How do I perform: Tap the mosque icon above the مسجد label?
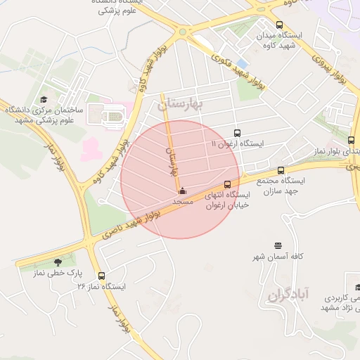pyautogui.click(x=183, y=191)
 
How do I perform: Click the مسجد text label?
pyautogui.click(x=183, y=201)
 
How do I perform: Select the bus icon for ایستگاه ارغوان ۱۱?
pyautogui.click(x=236, y=132)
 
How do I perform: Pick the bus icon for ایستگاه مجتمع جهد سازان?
pyautogui.click(x=281, y=170)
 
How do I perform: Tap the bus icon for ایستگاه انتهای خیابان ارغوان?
pyautogui.click(x=236, y=184)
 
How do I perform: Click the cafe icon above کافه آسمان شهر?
pyautogui.click(x=278, y=246)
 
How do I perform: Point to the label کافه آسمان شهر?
pyautogui.click(x=278, y=257)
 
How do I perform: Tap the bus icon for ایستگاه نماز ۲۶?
pyautogui.click(x=102, y=276)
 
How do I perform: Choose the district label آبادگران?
pyautogui.click(x=288, y=295)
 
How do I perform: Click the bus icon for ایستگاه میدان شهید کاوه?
pyautogui.click(x=280, y=25)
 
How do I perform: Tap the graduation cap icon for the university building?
pyautogui.click(x=44, y=100)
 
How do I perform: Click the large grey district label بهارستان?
pyautogui.click(x=180, y=104)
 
